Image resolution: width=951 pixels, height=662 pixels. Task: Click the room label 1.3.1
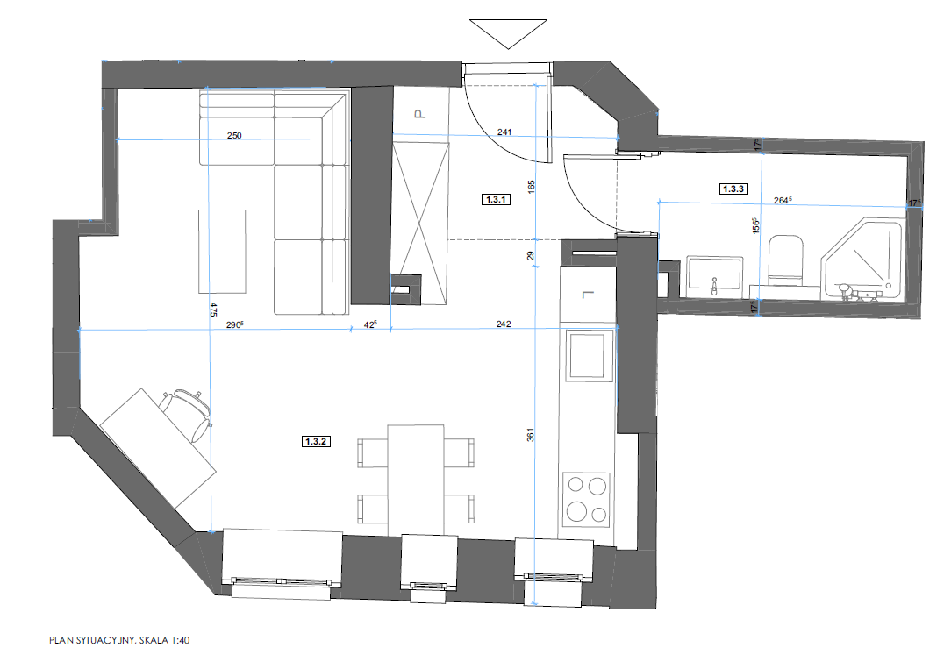(x=497, y=199)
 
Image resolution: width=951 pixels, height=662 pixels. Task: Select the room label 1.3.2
(x=316, y=441)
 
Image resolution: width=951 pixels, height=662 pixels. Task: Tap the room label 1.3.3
(x=733, y=189)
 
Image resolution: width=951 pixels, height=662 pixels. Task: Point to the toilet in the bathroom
(x=785, y=261)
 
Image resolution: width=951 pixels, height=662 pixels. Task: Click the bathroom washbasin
(x=715, y=276)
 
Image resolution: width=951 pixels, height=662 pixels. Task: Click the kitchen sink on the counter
(x=588, y=355)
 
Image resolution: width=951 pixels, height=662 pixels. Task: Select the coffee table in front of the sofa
(x=222, y=252)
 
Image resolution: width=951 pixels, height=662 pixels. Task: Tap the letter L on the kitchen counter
(x=587, y=295)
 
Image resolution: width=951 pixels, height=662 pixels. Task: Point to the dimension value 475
(x=213, y=310)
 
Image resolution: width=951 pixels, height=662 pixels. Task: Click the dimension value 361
(x=530, y=435)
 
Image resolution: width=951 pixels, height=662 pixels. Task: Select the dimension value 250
(x=234, y=135)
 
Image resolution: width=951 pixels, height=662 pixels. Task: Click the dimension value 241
(x=504, y=132)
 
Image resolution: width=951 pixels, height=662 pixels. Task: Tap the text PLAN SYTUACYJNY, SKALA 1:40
(x=119, y=640)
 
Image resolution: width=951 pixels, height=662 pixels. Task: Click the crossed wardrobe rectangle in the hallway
(x=419, y=224)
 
